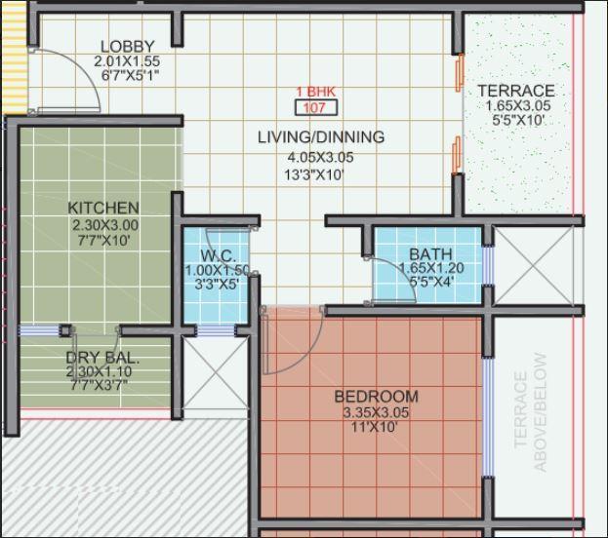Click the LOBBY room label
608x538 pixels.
(127, 47)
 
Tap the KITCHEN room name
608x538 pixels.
(102, 208)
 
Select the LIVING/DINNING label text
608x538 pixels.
(320, 137)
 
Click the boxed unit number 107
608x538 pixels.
(315, 108)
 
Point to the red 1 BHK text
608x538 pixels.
(315, 92)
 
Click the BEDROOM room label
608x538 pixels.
(376, 397)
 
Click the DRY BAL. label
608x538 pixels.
(102, 359)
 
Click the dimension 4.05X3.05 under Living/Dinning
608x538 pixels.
(320, 157)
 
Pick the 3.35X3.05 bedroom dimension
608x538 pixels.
(376, 412)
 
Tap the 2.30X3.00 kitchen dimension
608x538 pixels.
(104, 224)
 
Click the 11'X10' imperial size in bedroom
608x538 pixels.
(376, 427)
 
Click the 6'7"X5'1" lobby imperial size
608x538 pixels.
(127, 75)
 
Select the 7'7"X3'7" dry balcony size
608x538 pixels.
(98, 386)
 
